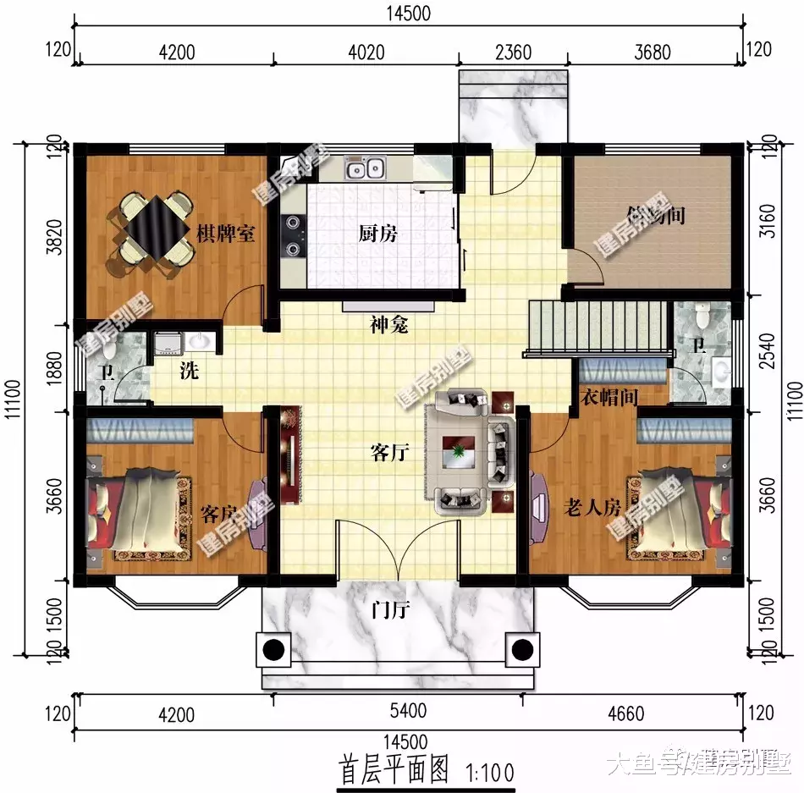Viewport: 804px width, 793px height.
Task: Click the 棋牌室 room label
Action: point(226,234)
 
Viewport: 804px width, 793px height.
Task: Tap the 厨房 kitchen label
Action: point(372,234)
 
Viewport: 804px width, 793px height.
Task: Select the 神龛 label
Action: point(388,324)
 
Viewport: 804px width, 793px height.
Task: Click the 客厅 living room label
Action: point(390,453)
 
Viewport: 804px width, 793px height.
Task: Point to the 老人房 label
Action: point(592,508)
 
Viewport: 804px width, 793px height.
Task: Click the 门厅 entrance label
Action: point(390,609)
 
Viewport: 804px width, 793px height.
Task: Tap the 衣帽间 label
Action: point(609,396)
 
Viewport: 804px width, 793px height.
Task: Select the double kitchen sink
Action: point(366,170)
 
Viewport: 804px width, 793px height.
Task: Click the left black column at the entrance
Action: point(273,649)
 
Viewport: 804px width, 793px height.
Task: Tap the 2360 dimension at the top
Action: point(513,52)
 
